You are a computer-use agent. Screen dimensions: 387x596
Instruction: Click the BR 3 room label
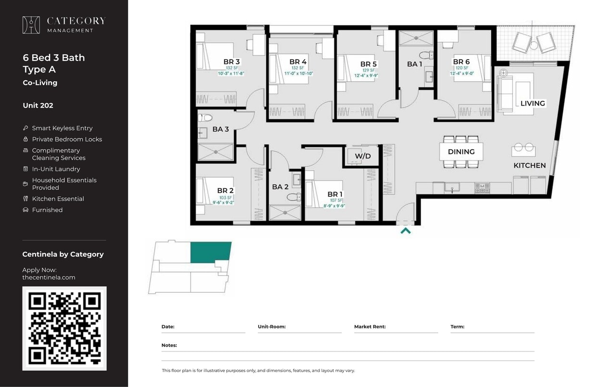(x=231, y=61)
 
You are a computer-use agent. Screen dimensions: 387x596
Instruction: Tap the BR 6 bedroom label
(x=461, y=61)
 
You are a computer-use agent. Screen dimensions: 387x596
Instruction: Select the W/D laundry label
(x=363, y=156)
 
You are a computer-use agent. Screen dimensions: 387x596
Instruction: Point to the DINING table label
(x=461, y=152)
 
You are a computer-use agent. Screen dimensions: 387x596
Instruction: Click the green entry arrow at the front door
(x=405, y=230)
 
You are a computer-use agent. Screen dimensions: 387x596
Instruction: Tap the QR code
(x=64, y=328)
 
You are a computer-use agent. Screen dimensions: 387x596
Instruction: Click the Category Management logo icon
(x=31, y=25)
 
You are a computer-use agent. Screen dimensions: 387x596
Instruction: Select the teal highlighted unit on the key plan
(x=211, y=253)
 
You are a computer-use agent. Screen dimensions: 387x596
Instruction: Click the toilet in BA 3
(x=206, y=117)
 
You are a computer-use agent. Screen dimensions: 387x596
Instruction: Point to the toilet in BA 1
(x=426, y=55)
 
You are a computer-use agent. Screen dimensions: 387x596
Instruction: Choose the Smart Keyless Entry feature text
(x=62, y=128)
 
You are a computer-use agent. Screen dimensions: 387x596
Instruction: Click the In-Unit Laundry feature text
(x=56, y=169)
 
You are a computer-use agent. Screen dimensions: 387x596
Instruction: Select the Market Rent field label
(x=370, y=327)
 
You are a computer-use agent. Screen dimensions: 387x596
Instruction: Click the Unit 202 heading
(x=38, y=106)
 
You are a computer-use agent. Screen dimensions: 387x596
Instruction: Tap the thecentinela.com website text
(x=49, y=277)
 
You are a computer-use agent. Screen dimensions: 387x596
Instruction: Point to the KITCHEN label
(x=529, y=166)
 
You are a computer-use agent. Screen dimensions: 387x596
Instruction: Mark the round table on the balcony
(x=534, y=45)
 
